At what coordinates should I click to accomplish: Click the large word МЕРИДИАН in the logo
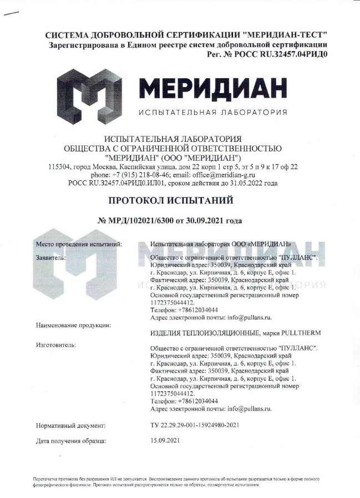[x=213, y=88]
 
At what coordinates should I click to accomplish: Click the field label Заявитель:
[x=51, y=258]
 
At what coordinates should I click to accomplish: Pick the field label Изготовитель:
[x=56, y=345]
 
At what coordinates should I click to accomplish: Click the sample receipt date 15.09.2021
[x=165, y=441]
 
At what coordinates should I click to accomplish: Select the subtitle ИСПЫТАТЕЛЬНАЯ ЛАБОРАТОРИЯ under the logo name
[x=212, y=112]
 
